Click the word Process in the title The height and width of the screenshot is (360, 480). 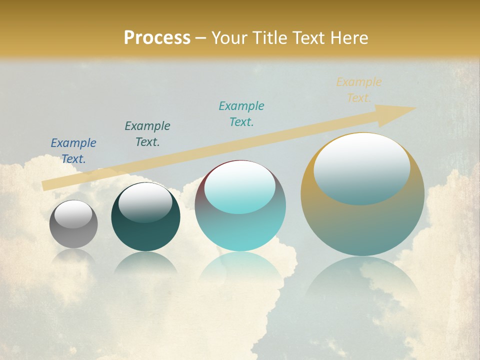(157, 38)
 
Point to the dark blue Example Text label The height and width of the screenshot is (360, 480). (73, 151)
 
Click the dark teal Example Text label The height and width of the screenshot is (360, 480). (147, 134)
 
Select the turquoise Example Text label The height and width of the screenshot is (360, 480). (241, 114)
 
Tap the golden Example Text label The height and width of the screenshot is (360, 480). (359, 90)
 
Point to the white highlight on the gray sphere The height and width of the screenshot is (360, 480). (73, 214)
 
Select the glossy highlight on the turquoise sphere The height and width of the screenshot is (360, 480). (240, 187)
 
